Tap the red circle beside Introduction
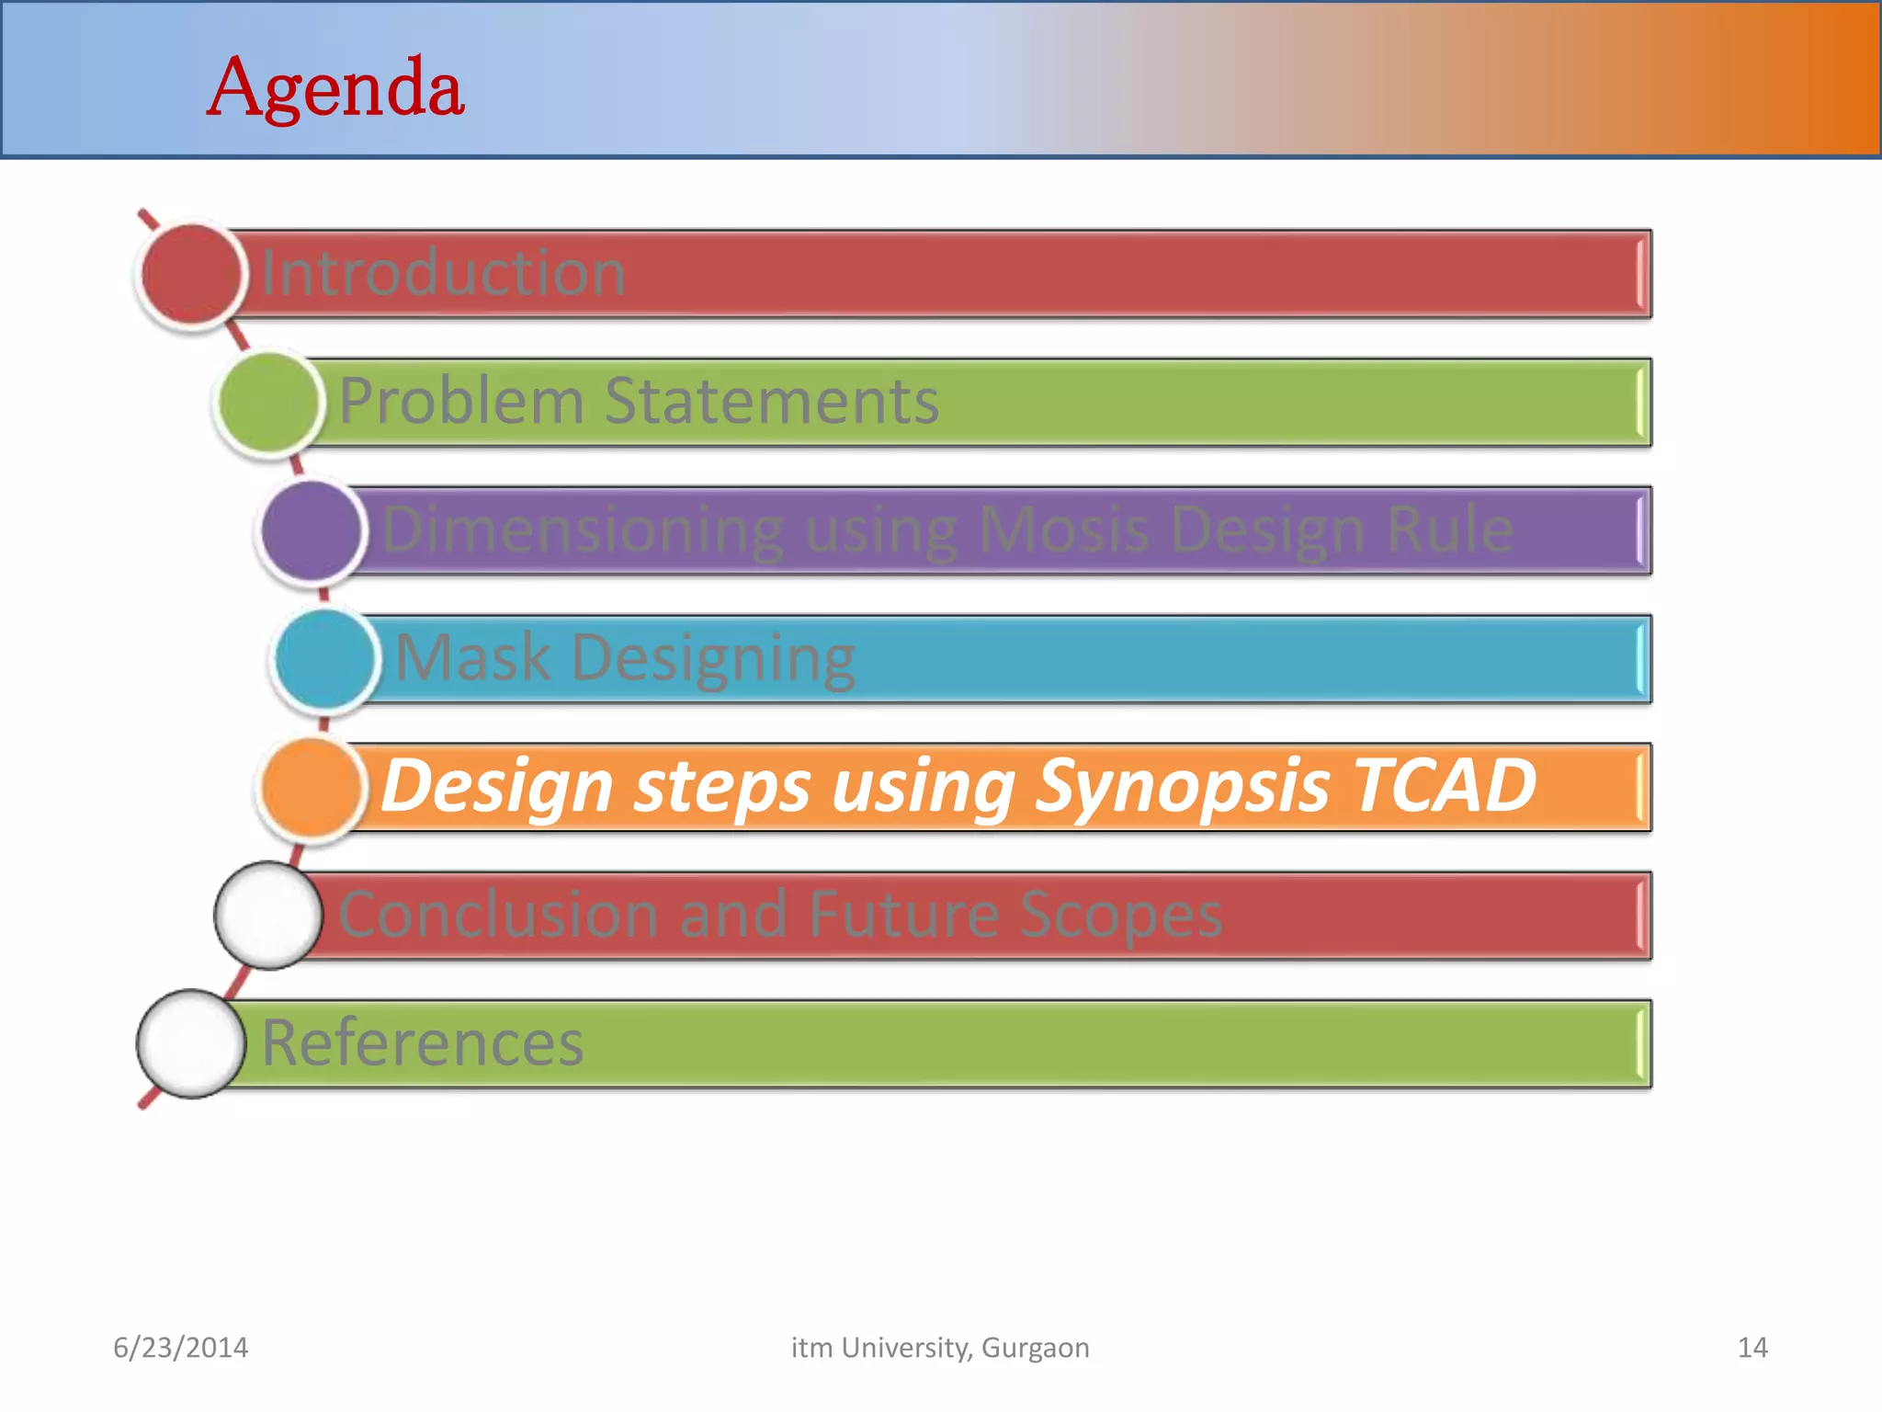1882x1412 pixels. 191,274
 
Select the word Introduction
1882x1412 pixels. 444,273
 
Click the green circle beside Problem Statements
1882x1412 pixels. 268,403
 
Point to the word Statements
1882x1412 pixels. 771,401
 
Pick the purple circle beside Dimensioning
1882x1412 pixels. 311,530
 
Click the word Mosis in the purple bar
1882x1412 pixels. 1064,529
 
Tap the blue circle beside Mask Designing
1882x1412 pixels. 324,658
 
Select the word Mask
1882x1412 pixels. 472,657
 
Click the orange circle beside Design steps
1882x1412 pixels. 311,787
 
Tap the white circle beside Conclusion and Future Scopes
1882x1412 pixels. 268,916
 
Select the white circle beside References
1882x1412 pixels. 191,1043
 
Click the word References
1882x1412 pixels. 423,1043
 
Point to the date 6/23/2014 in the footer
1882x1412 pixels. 181,1348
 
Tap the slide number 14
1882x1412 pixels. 1752,1348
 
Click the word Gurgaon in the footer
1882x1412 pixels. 1035,1348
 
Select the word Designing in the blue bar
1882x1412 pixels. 713,659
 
